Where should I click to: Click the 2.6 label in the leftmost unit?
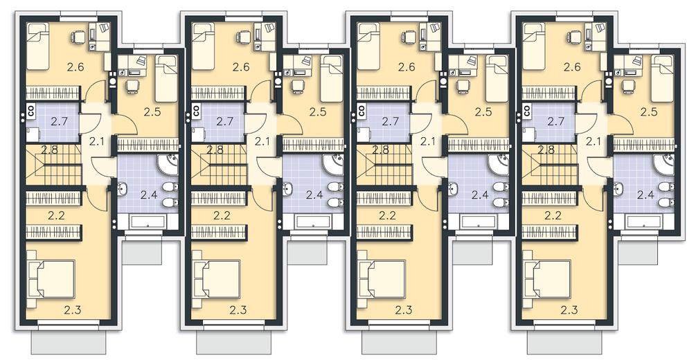(x=75, y=67)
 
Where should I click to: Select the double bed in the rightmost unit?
(x=547, y=279)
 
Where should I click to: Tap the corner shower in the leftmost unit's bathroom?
(x=168, y=164)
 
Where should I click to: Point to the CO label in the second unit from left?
(x=197, y=110)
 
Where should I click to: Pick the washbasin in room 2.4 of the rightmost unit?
(x=618, y=190)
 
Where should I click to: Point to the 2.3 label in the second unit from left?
(x=238, y=310)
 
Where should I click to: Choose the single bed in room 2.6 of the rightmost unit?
(x=535, y=46)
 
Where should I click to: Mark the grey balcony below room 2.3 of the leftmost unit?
(x=69, y=343)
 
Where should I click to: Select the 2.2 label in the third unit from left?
(x=388, y=216)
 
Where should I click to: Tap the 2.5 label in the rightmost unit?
(x=649, y=111)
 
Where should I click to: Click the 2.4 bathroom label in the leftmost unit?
(x=149, y=194)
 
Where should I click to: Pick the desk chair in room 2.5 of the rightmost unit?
(x=627, y=86)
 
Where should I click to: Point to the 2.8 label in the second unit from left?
(x=215, y=149)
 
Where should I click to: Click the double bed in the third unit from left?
(x=382, y=279)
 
